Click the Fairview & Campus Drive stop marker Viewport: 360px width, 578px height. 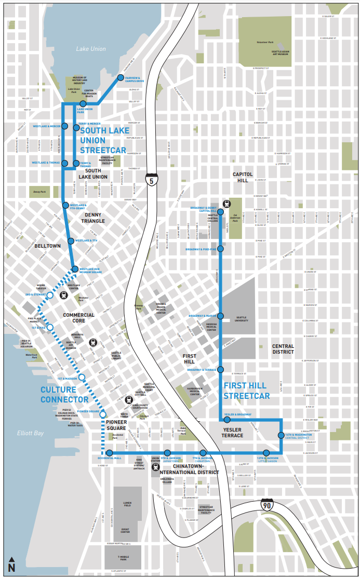(x=121, y=78)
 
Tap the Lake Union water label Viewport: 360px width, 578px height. (x=90, y=49)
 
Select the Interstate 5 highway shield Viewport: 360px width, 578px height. (x=151, y=180)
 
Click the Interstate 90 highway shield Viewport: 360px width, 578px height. (x=266, y=503)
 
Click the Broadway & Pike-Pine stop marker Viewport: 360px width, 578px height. (x=220, y=249)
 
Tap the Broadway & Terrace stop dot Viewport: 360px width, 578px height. (x=220, y=370)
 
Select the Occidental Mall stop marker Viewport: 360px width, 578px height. (x=109, y=453)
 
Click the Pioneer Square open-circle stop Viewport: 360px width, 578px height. (x=103, y=414)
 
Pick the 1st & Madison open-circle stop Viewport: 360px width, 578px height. (x=82, y=377)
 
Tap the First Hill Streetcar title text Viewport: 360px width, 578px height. (x=246, y=391)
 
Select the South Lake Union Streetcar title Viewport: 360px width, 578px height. (x=104, y=140)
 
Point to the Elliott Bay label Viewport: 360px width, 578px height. (x=32, y=432)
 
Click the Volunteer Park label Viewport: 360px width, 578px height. (x=265, y=43)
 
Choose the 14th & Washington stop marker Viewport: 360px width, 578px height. (x=281, y=435)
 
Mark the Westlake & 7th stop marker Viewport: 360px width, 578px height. (x=71, y=241)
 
